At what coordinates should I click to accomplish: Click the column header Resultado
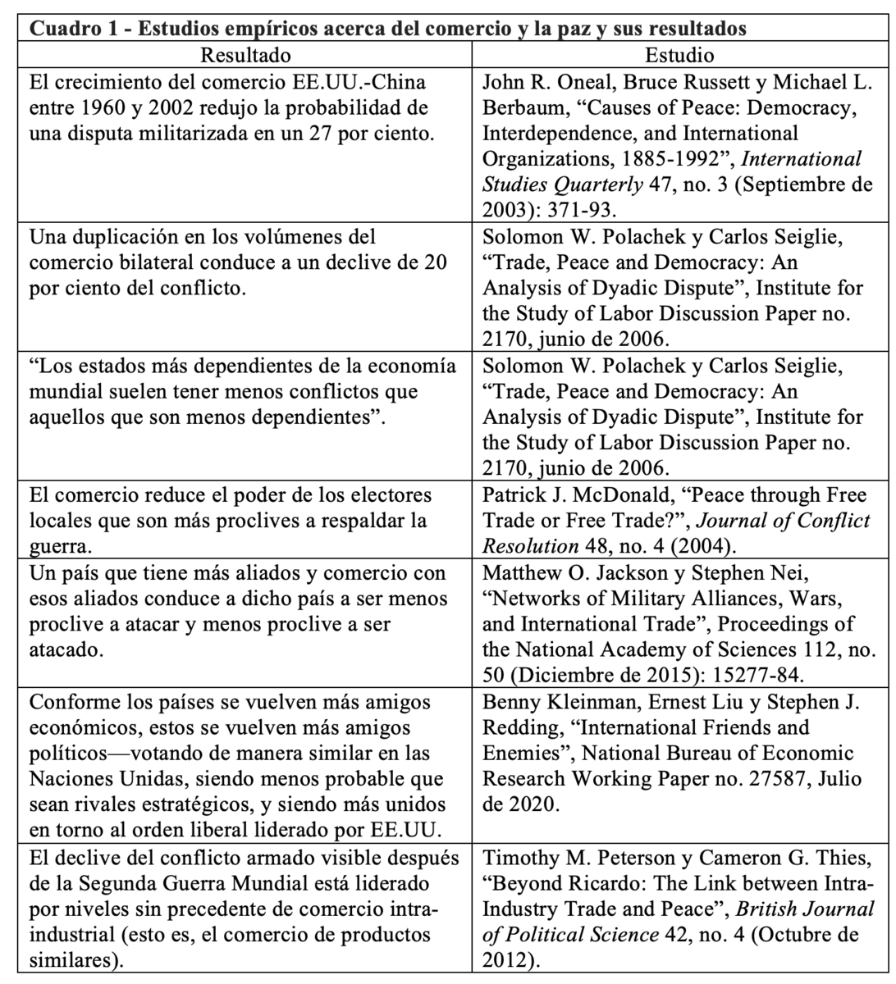[245, 57]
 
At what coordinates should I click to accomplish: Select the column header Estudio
[679, 57]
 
